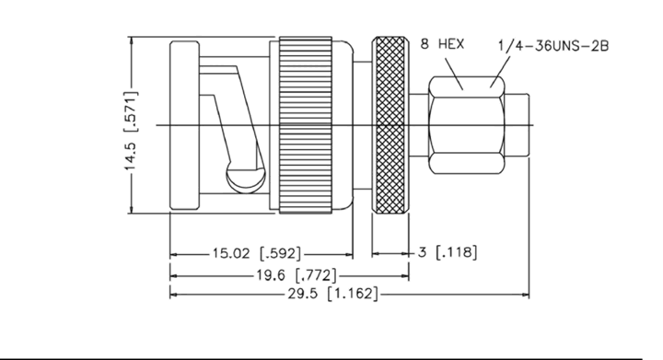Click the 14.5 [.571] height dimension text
(x=131, y=131)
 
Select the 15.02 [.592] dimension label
(x=257, y=253)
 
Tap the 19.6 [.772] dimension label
(x=297, y=275)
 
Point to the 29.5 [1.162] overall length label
(x=332, y=293)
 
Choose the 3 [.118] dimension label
(x=448, y=252)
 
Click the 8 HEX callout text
(x=442, y=43)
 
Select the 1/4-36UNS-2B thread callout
(x=553, y=45)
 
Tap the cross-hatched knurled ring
(x=390, y=125)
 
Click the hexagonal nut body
(x=467, y=125)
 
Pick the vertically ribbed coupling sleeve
(x=306, y=125)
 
